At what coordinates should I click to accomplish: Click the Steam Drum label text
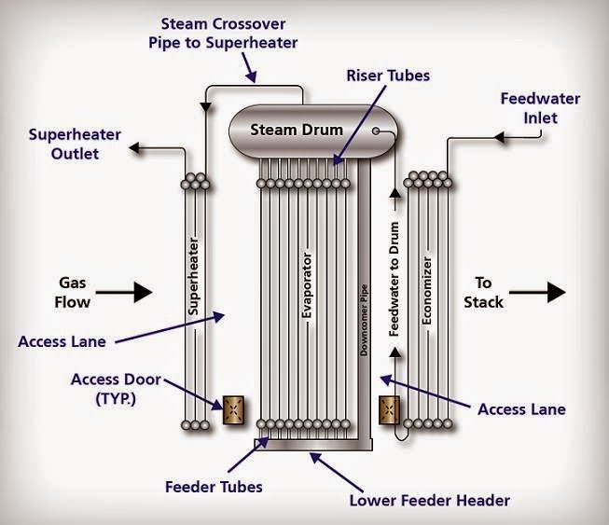point(297,130)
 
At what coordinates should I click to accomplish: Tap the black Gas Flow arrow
point(124,292)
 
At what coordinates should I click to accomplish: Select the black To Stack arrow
point(537,292)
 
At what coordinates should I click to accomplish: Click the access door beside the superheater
point(233,410)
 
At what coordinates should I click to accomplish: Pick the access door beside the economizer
point(389,410)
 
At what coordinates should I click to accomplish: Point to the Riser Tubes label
point(388,76)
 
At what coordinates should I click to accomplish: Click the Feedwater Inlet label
point(540,108)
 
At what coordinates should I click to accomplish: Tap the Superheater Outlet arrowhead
point(134,147)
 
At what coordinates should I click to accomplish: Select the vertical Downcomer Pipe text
point(364,321)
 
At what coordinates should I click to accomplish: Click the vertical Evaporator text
point(307,285)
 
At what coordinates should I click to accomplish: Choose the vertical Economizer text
point(427,290)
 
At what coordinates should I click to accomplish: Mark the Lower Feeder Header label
point(430,501)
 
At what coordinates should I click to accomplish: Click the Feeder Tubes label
point(214,487)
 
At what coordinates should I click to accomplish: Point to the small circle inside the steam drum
point(376,131)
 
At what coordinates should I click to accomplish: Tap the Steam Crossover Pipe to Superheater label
point(223,34)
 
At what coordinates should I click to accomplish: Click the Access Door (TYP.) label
point(116,389)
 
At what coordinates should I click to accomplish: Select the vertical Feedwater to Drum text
point(394,279)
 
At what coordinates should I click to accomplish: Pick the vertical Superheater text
point(193,277)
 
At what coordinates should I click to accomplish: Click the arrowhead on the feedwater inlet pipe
point(499,137)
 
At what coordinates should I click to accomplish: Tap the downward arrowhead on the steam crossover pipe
point(205,107)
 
